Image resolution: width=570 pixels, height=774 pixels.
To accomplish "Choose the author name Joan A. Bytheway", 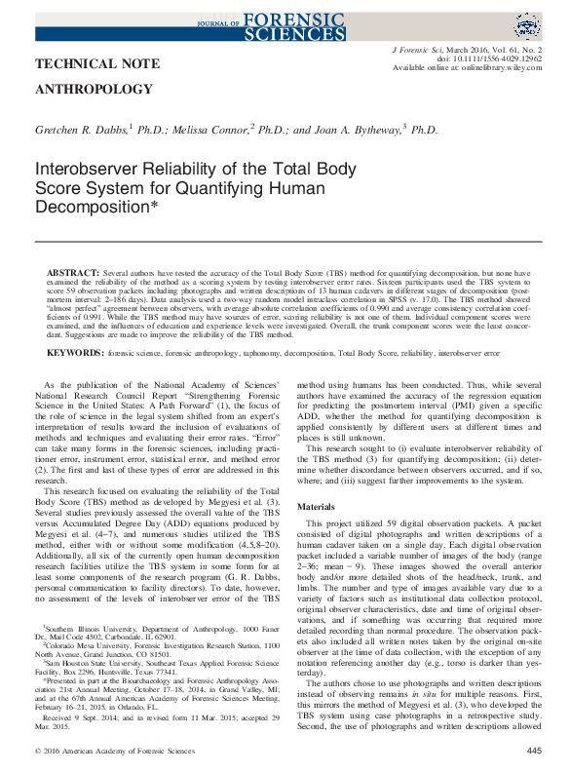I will (x=354, y=129).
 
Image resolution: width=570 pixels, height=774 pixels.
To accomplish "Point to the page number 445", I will (x=533, y=750).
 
